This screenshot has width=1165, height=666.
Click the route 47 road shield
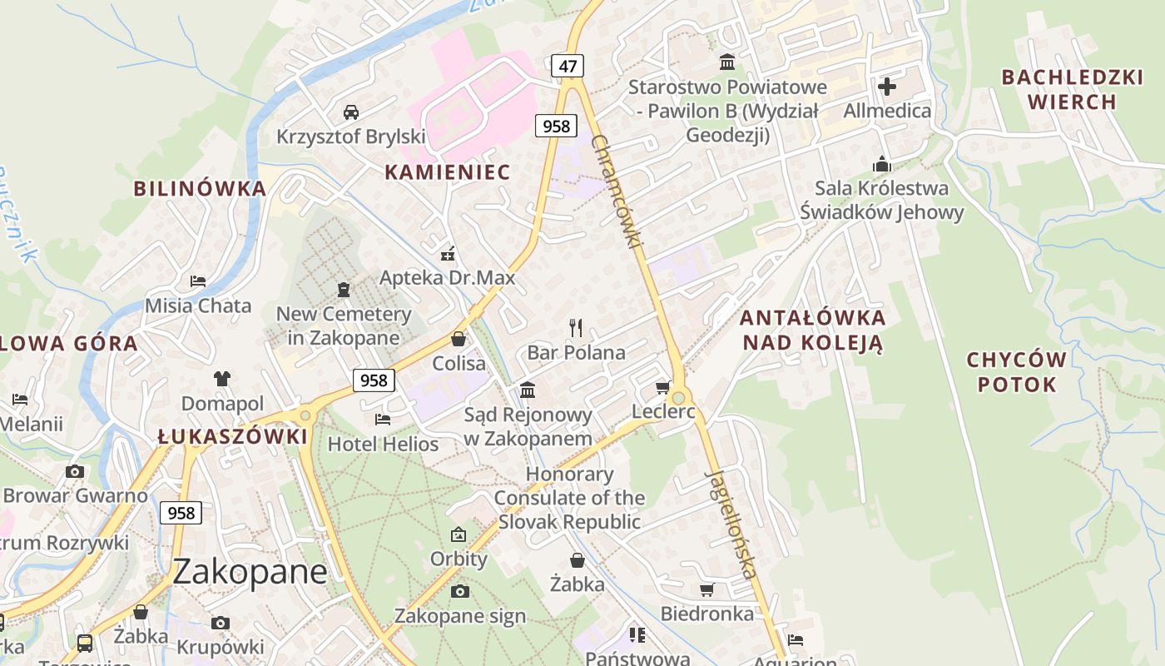point(567,66)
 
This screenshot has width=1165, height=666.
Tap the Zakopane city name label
point(250,572)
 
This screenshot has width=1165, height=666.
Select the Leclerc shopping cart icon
point(663,387)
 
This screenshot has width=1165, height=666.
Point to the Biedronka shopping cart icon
point(706,590)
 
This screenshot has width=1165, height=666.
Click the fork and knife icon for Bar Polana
point(576,327)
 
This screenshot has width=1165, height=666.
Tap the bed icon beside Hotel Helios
point(383,419)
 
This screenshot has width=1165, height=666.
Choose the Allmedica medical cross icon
point(887,86)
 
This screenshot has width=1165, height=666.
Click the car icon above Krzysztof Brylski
point(351,112)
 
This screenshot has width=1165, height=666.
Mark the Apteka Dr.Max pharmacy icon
point(448,253)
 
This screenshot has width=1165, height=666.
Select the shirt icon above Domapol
point(221,379)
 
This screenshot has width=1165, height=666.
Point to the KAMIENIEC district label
point(447,172)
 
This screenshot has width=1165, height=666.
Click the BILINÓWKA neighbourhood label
point(200,188)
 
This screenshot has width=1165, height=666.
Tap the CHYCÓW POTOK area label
point(1016,372)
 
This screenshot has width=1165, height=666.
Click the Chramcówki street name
point(617,191)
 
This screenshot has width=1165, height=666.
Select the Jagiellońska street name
point(731,524)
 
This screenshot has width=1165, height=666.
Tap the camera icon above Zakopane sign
point(459,592)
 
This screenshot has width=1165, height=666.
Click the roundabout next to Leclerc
point(678,398)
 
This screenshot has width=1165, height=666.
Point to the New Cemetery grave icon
point(343,290)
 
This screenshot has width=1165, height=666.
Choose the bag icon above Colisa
point(458,339)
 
